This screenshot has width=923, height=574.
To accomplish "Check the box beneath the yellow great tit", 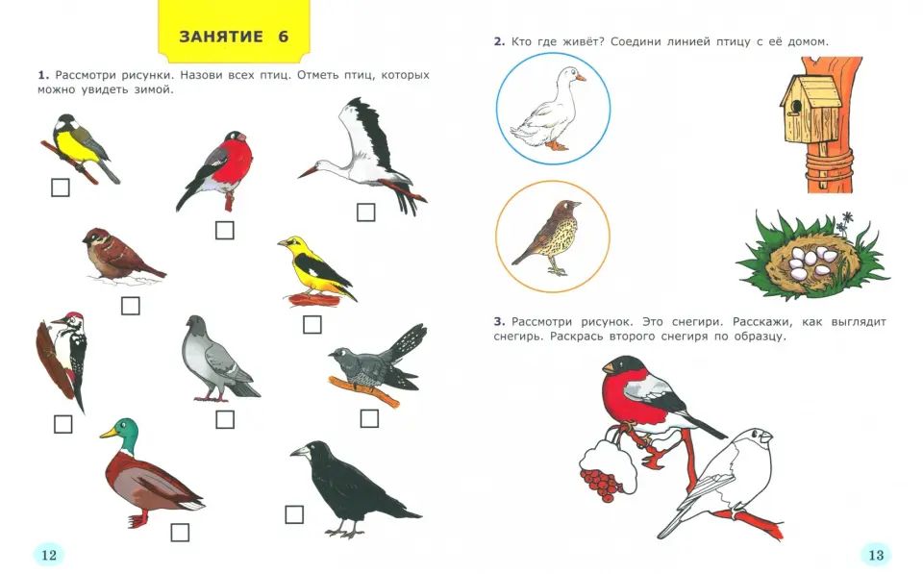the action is tap(61, 187).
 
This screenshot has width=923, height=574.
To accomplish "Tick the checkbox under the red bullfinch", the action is tap(224, 230).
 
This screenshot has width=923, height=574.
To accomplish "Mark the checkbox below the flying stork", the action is tap(366, 212).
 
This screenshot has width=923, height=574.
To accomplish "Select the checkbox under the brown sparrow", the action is tap(130, 306).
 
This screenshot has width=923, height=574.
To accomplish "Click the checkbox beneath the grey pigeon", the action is tap(225, 420).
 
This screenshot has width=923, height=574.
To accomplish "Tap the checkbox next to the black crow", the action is tap(294, 514).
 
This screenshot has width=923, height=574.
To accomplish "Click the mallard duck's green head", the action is tap(124, 435).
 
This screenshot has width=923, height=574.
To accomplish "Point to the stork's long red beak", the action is tap(309, 171).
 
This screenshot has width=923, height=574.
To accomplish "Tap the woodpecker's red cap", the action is tap(74, 315).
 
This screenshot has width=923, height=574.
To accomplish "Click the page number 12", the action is tap(49, 555).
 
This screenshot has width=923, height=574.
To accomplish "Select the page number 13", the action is tap(876, 555).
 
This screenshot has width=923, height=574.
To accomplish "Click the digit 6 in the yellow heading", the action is tap(283, 37).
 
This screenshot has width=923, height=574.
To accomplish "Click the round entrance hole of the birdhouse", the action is tap(796, 107).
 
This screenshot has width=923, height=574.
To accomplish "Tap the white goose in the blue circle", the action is tap(548, 109).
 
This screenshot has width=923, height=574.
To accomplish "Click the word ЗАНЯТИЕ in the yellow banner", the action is tap(221, 37).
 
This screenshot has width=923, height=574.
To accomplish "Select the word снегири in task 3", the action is tap(696, 322).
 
